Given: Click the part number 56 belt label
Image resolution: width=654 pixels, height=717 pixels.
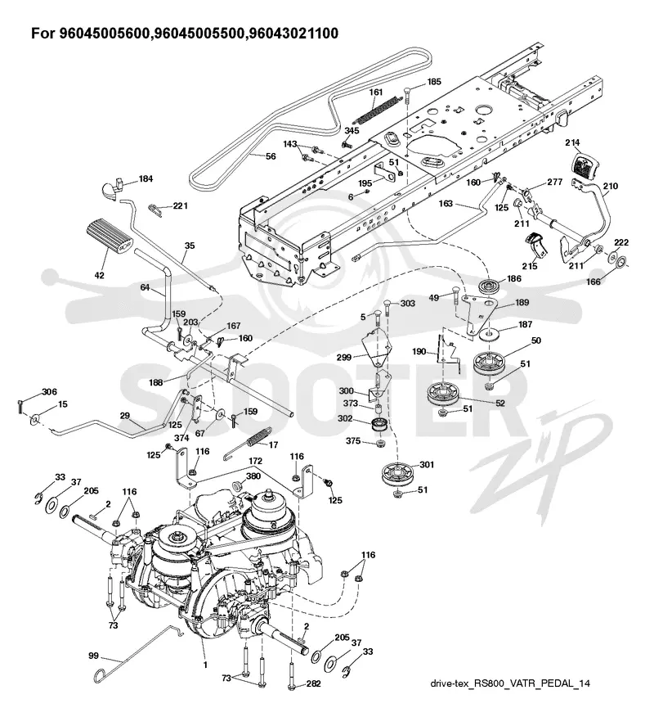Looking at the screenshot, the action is [x=271, y=156].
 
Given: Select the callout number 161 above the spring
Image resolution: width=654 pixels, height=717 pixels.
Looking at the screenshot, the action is [x=376, y=92].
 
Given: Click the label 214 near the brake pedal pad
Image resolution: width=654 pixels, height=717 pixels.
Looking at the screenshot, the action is [x=572, y=142].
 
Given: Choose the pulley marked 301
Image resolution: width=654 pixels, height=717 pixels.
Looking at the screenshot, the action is [x=396, y=476].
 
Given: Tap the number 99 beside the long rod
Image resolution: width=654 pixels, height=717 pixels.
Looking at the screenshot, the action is [x=93, y=656].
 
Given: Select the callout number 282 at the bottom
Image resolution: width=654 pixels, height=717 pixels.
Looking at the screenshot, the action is [x=313, y=683].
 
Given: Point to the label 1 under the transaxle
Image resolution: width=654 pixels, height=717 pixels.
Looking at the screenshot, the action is [x=205, y=665].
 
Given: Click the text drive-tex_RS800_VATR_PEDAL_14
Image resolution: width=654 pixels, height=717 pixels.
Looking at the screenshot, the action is [x=510, y=683].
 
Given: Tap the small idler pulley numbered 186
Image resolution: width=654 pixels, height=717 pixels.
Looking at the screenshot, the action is [x=490, y=287].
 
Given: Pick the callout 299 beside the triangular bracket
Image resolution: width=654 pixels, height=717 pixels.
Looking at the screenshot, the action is [x=343, y=357].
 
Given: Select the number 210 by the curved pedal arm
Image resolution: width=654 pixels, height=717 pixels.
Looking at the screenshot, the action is [x=611, y=186].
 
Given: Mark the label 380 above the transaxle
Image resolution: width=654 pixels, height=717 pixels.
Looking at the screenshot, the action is [x=253, y=476].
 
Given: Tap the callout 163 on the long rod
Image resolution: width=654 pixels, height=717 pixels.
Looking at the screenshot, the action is [x=446, y=203].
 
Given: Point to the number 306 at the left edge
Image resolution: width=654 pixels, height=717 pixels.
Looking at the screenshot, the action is [x=49, y=391].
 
